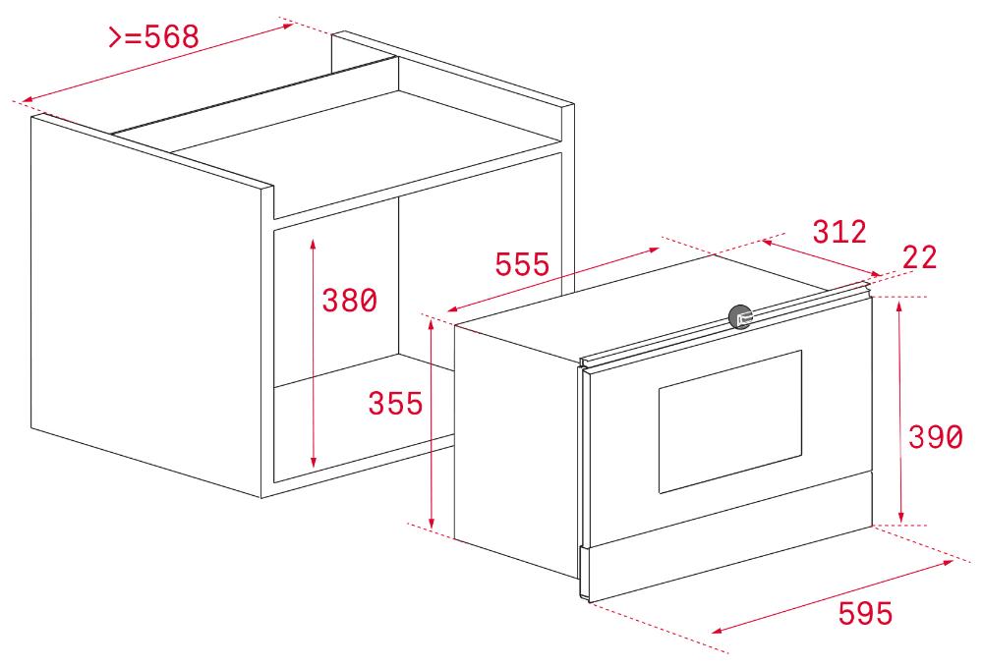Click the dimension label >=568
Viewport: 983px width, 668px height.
coord(154,36)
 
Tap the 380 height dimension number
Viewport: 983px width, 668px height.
coord(349,301)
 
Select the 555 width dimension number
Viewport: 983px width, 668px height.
coord(522,264)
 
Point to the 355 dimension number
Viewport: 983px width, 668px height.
coord(395,403)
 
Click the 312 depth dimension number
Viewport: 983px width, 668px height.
coord(839,232)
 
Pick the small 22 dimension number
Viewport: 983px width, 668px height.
coord(920,257)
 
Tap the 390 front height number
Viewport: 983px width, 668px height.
coord(936,437)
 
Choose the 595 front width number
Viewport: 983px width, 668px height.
coord(865,613)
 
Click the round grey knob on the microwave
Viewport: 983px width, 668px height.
coord(740,316)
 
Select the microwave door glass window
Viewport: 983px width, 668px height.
coord(730,421)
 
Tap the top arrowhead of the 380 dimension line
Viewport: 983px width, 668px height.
coord(314,244)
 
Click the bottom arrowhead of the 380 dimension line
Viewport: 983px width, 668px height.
coord(314,463)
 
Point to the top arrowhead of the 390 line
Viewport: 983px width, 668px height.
coord(900,306)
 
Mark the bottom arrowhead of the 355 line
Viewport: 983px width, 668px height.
coord(432,523)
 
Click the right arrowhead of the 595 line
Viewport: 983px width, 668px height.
coord(948,563)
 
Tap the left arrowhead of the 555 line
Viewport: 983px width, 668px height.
coord(452,308)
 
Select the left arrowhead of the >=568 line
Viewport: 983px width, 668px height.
coord(28,100)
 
